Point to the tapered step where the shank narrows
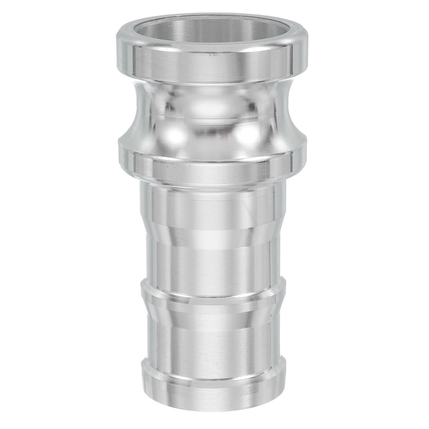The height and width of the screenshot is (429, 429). [x=212, y=231]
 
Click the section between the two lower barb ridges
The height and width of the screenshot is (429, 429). [x=212, y=335]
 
